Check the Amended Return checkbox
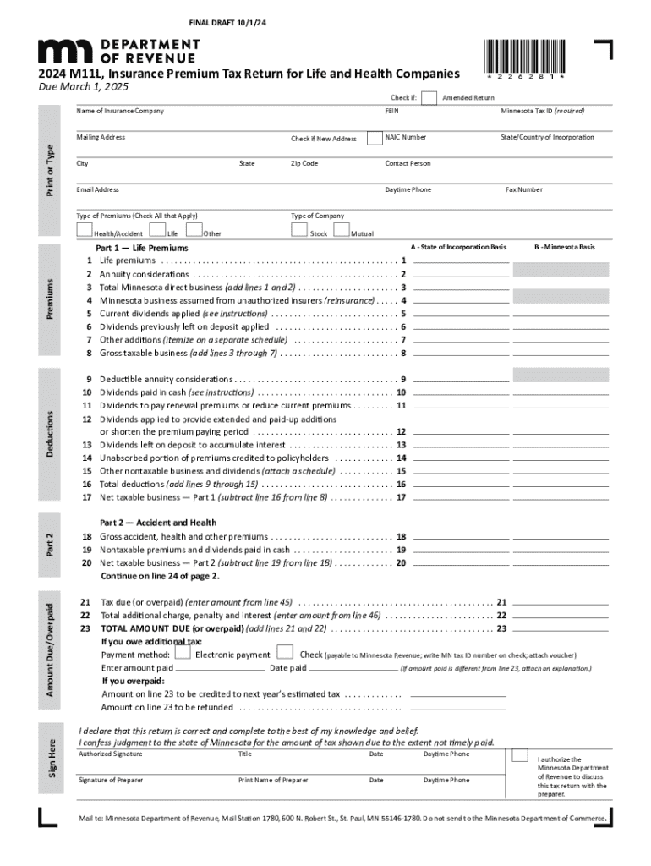[x=429, y=97]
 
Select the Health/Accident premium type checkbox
[x=84, y=230]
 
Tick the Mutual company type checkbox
[x=342, y=230]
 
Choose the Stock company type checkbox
[x=299, y=230]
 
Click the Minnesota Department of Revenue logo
[x=118, y=52]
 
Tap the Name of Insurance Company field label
[x=120, y=111]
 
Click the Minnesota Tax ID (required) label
[x=542, y=111]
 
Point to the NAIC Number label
[x=406, y=137]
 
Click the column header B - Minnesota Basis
[x=564, y=247]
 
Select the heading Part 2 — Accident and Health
[x=158, y=523]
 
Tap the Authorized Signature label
[x=110, y=754]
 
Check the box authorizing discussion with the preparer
[x=521, y=754]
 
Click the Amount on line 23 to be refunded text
[x=167, y=707]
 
